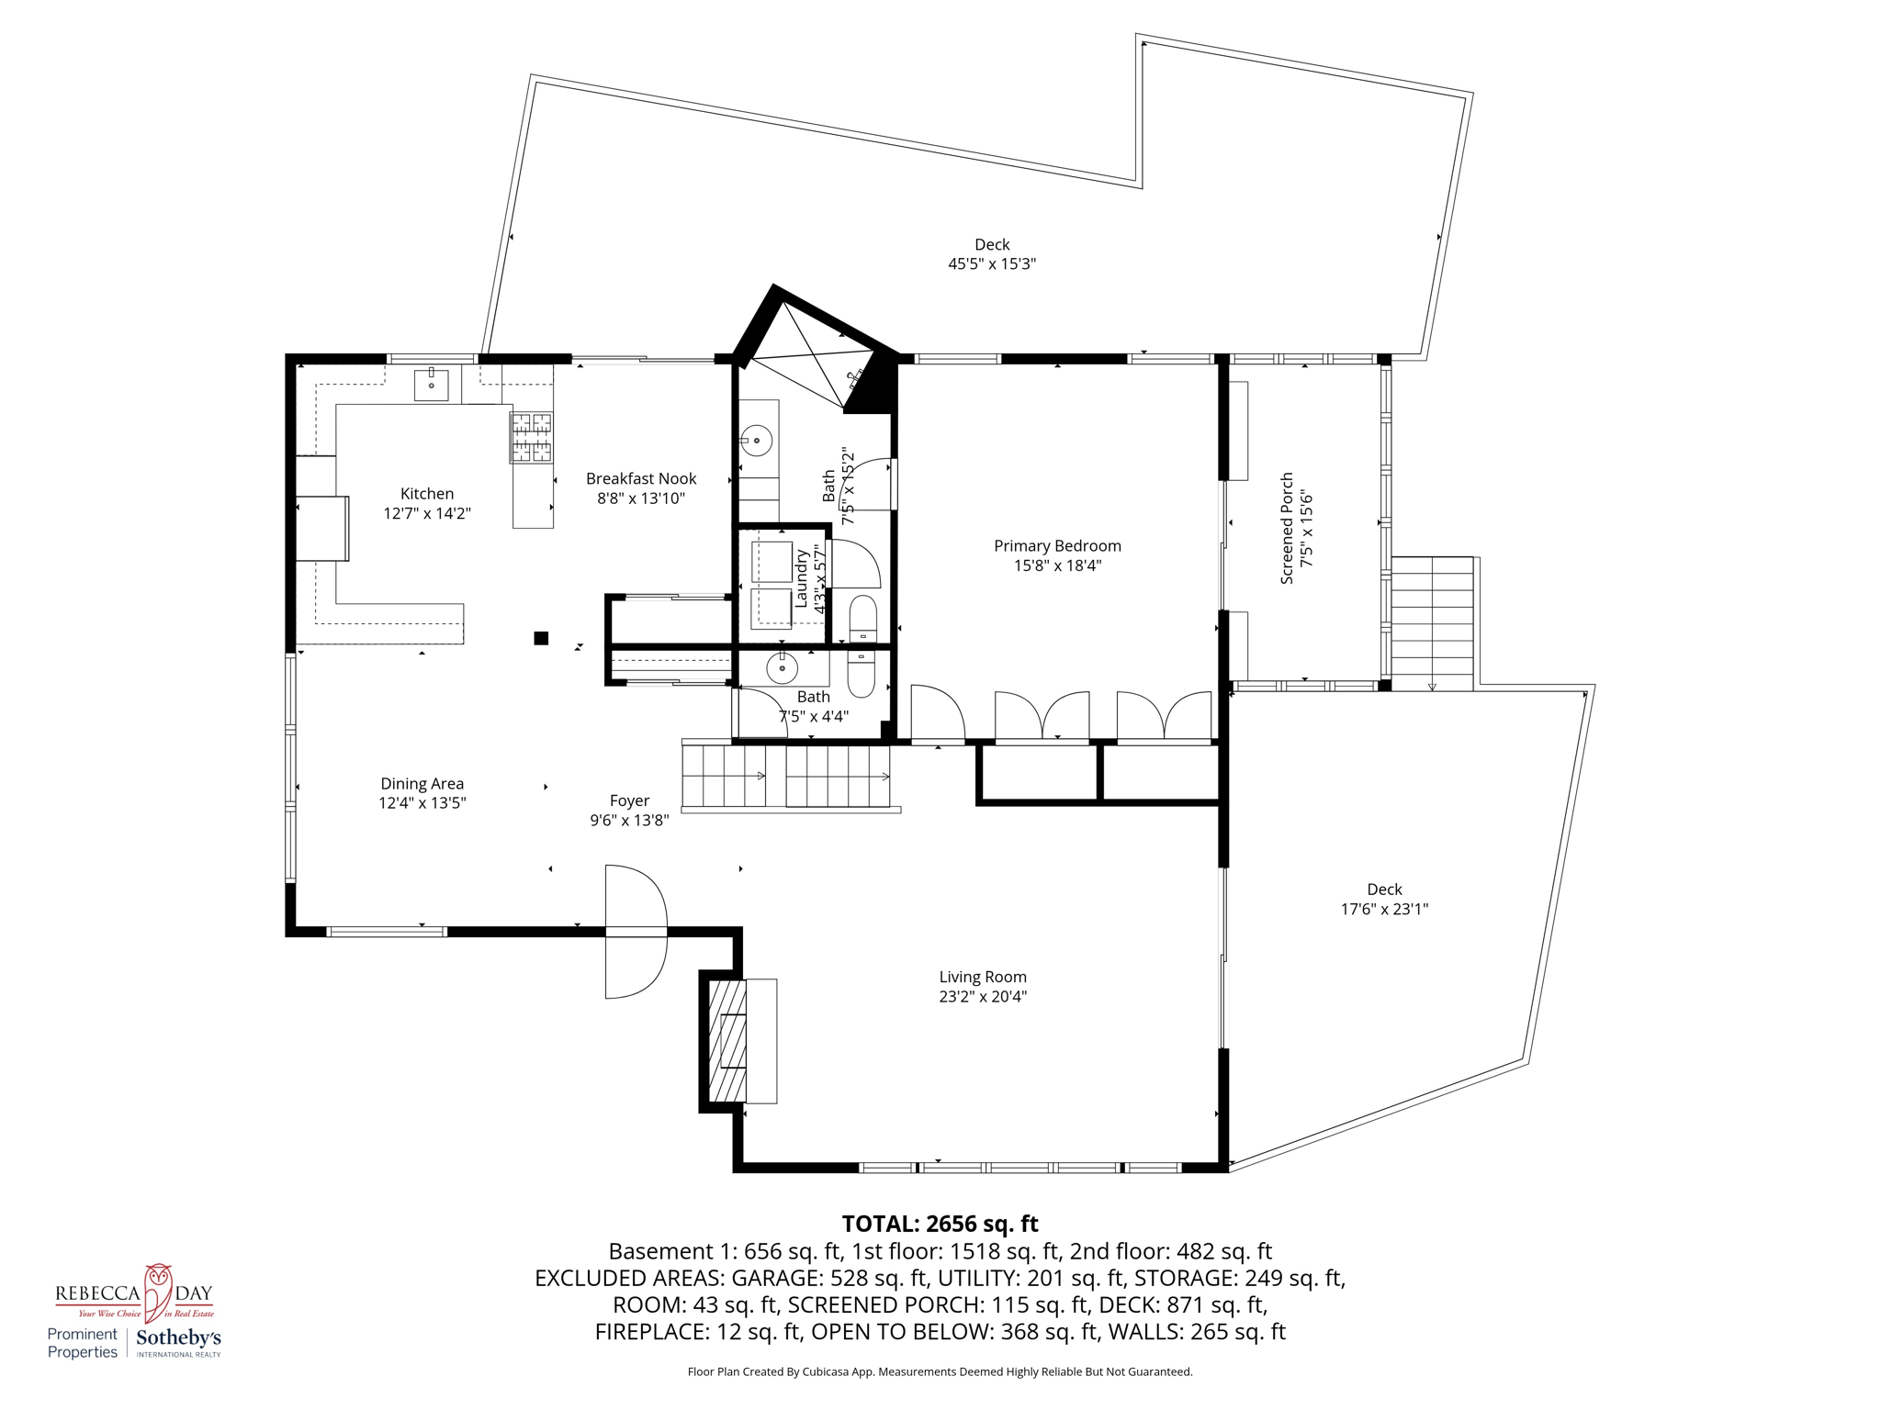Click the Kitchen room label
426,494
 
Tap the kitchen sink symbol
431,385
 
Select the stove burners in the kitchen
532,437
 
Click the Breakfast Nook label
641,478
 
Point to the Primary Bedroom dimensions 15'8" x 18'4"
1057,565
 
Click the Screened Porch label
1287,528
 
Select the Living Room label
982,977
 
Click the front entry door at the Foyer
636,932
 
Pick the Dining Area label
422,783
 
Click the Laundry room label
801,578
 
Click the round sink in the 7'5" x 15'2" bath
757,441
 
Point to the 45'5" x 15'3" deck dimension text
992,264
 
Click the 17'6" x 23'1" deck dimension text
1384,909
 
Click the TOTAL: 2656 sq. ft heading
940,1224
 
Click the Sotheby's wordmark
178,1338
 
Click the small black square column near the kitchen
541,638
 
